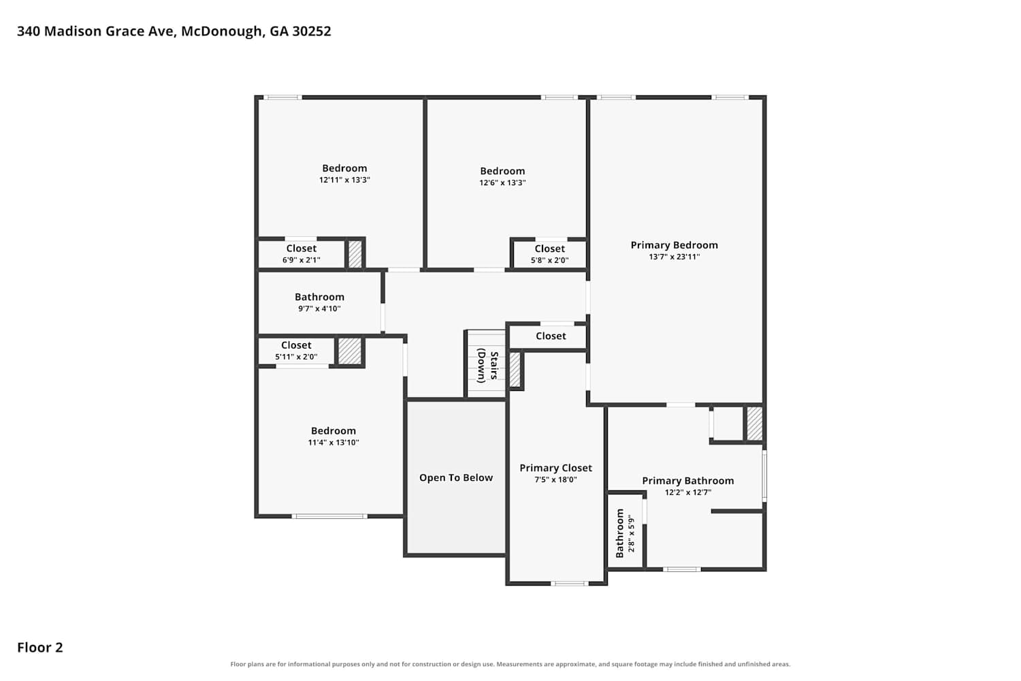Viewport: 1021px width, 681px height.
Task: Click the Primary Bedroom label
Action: (x=674, y=245)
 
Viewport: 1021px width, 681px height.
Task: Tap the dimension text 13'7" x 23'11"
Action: (x=674, y=257)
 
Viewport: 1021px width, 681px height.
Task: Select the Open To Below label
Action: (x=456, y=477)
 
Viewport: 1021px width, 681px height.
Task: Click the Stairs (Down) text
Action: (x=487, y=366)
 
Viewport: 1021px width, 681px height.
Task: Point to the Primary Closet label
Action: (x=555, y=468)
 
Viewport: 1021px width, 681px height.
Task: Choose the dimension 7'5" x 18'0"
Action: (x=555, y=480)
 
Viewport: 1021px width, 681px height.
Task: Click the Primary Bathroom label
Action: (x=687, y=481)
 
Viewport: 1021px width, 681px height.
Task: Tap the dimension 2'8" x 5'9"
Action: (x=631, y=534)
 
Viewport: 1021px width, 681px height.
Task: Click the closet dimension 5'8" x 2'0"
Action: (x=550, y=260)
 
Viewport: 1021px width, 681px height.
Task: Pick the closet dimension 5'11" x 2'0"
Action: (x=296, y=357)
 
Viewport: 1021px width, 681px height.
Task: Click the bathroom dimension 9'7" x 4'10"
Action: (x=319, y=308)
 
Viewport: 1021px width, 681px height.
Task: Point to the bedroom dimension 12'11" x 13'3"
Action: (x=344, y=180)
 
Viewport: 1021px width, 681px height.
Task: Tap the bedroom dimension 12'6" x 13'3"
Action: (x=502, y=183)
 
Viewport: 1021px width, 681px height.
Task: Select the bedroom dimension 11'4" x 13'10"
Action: (x=334, y=443)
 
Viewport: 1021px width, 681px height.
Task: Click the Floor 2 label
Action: (x=40, y=648)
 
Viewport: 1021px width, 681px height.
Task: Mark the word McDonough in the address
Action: (x=223, y=31)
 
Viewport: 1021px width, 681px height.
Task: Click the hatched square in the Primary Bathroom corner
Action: (x=754, y=424)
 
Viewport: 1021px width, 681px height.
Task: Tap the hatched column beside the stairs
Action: (x=515, y=370)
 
